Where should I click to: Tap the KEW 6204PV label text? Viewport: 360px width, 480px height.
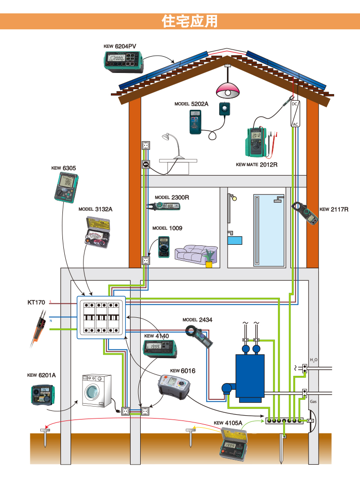[120, 47]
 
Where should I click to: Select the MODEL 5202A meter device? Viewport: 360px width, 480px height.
[195, 121]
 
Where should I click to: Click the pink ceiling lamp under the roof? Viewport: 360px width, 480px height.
[228, 90]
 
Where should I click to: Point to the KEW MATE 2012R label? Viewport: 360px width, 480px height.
[257, 164]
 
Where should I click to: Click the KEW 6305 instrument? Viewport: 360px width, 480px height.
[66, 188]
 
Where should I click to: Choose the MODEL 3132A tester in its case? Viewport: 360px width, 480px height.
[97, 231]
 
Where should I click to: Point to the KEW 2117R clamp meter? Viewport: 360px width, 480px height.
[305, 213]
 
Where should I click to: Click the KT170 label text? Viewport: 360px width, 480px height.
[36, 302]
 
